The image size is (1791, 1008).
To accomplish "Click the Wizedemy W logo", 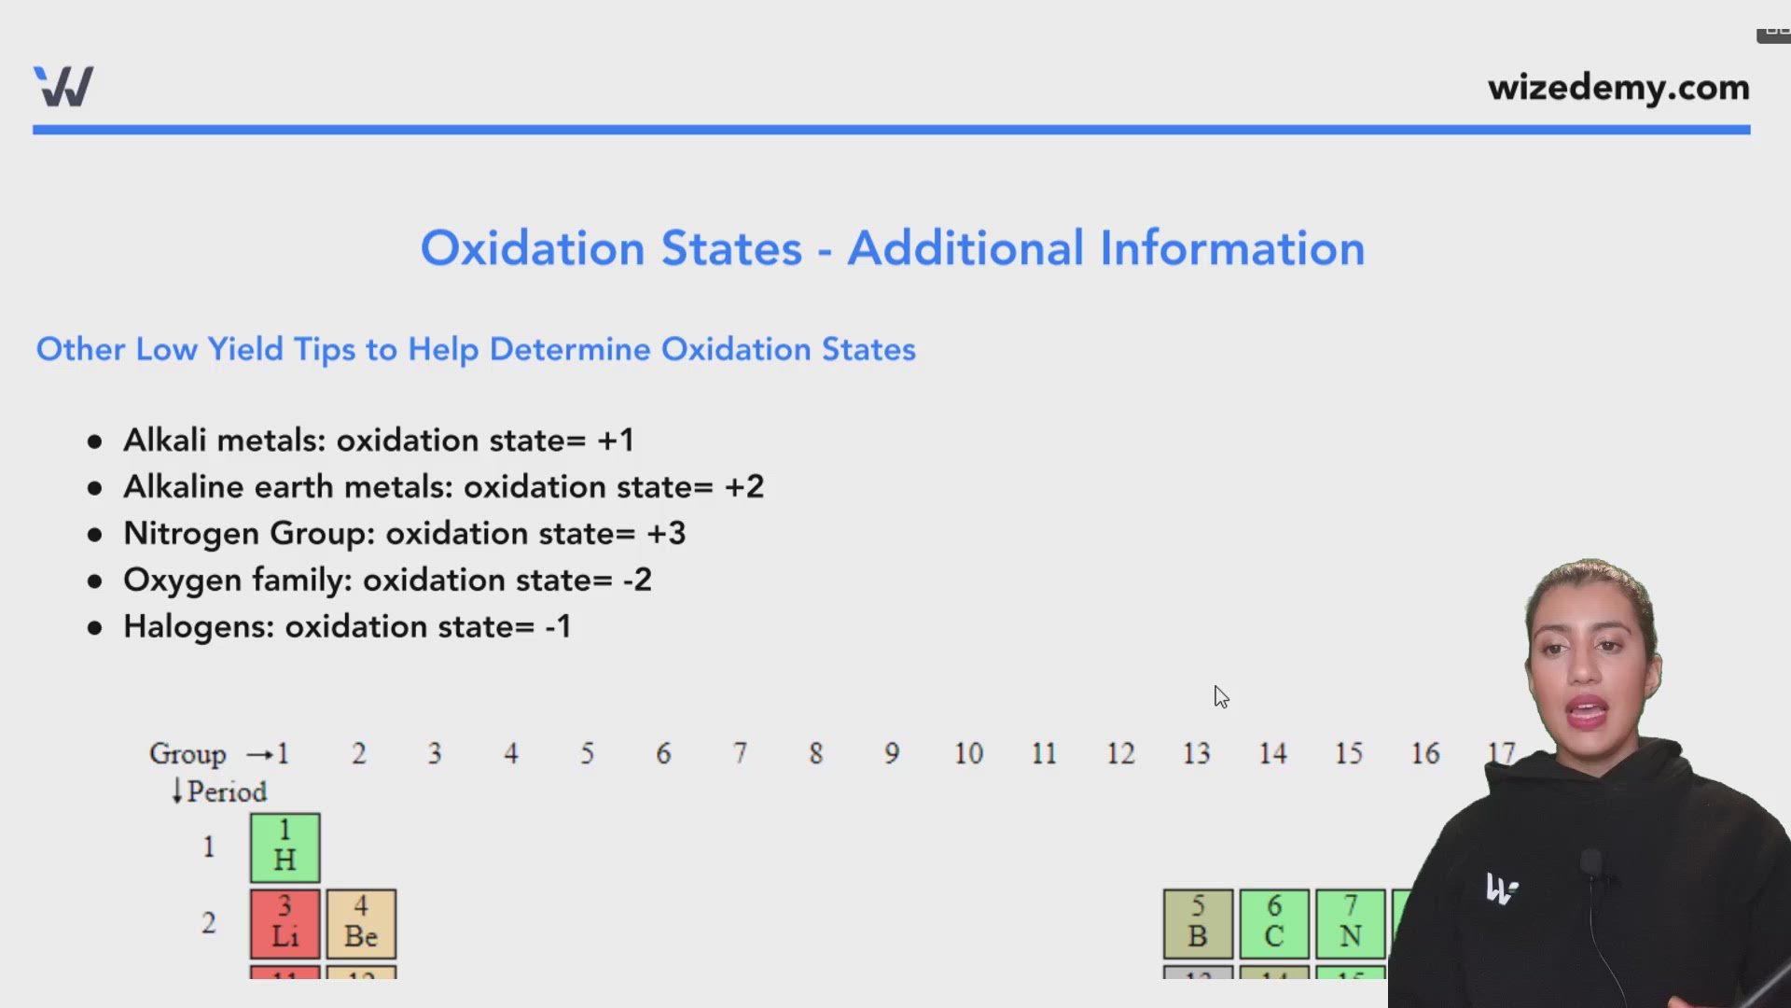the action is (63, 87).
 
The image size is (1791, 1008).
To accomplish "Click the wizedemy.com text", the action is (1618, 88).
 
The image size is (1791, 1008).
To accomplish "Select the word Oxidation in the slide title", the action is (533, 249).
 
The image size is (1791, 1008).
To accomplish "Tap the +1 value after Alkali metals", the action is (616, 441).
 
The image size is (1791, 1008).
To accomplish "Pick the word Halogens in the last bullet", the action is (198, 627).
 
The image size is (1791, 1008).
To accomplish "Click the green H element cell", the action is (285, 847).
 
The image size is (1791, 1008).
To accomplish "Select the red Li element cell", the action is (285, 923).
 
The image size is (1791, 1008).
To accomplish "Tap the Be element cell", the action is (361, 923).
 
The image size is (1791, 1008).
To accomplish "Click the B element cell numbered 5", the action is (1198, 923).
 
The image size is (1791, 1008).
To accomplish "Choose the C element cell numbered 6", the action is (1274, 923).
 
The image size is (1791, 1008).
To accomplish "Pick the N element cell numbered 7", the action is (1350, 923).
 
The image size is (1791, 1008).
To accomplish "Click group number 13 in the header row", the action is (1196, 754).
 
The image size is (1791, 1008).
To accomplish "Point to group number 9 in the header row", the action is (892, 754).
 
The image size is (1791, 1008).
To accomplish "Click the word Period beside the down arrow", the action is (227, 792).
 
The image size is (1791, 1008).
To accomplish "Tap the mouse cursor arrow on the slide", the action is (1221, 697).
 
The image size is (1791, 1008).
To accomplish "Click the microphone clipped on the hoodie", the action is (1591, 863).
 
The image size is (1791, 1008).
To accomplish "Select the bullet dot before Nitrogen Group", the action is (94, 535).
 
